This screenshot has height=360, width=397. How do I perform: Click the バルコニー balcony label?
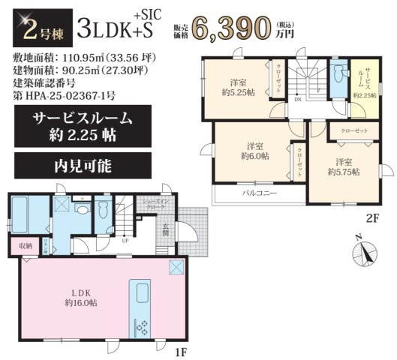tap(258, 193)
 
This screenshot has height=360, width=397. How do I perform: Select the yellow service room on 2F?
tap(365, 79)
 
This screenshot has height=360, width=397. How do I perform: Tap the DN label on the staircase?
tap(297, 98)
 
